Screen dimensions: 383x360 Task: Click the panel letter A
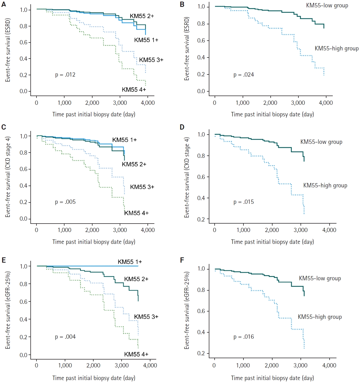(x=3, y=4)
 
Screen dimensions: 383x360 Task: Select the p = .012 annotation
(x=65, y=75)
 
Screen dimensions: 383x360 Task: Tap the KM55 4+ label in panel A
(x=134, y=90)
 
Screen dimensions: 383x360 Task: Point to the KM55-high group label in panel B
(x=336, y=49)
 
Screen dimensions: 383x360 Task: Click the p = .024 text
(x=243, y=75)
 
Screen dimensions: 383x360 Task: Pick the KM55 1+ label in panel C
(x=124, y=140)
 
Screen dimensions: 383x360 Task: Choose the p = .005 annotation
(x=65, y=202)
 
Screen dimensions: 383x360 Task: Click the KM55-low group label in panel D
(x=321, y=142)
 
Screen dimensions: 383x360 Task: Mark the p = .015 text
(x=243, y=202)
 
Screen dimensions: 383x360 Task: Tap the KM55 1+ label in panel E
(x=130, y=262)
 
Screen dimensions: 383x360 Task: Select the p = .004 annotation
(x=65, y=337)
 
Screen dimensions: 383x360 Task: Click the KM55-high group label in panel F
(x=320, y=317)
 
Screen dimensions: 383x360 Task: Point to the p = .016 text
(x=243, y=337)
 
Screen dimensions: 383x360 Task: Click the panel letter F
(x=182, y=260)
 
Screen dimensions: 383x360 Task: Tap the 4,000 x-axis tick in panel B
(x=326, y=103)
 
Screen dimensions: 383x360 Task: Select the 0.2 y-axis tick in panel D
(x=201, y=219)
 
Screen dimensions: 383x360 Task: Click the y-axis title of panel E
(x=8, y=310)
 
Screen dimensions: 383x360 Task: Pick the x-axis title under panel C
(x=94, y=242)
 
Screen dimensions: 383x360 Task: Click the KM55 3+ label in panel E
(x=146, y=317)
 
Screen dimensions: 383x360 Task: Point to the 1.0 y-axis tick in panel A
(x=24, y=10)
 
